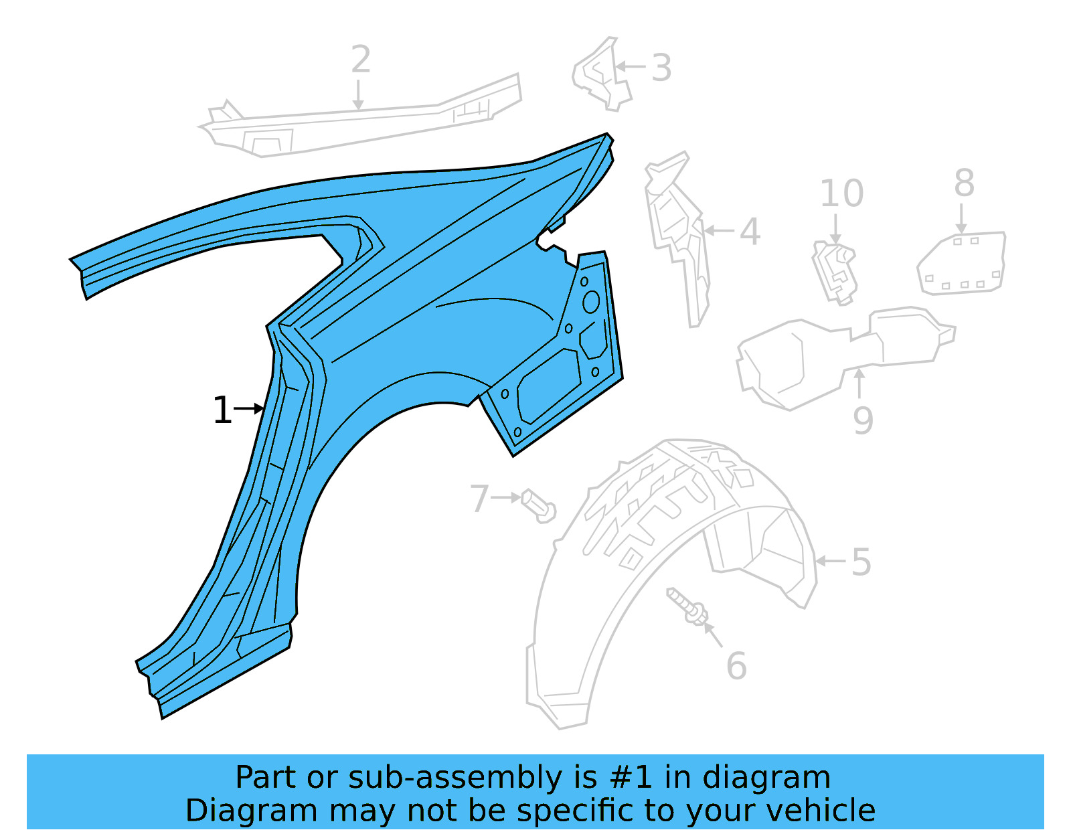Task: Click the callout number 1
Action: coord(222,410)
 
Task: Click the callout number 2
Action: coord(361,60)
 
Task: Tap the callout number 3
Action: coord(661,68)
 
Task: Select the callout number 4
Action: coord(750,232)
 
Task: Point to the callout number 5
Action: coord(861,562)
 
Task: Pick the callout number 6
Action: coord(736,666)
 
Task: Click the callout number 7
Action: coord(479,499)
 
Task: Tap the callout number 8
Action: coord(964,183)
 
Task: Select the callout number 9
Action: coord(863,420)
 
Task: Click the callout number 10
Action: coord(841,194)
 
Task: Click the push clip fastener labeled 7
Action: coord(539,506)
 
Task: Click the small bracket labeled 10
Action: coord(835,272)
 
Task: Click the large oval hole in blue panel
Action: coord(590,302)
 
